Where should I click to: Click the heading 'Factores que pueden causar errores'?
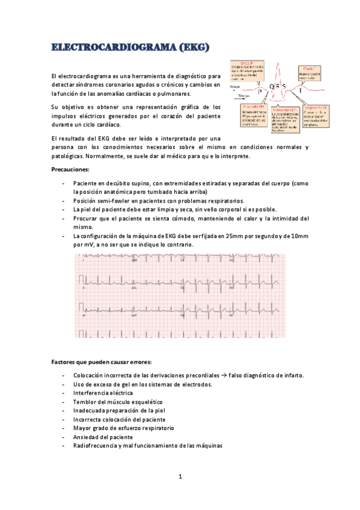coord(102,361)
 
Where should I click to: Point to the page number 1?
coord(180,478)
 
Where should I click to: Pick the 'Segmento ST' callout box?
coord(317,114)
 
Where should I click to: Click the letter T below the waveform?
coord(301,90)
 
